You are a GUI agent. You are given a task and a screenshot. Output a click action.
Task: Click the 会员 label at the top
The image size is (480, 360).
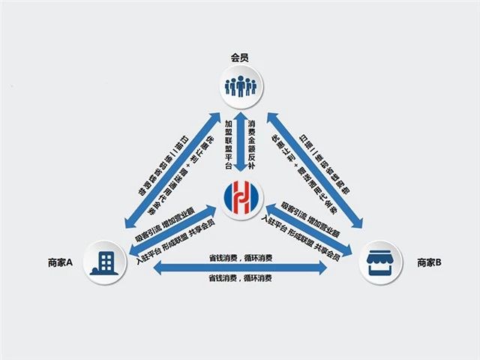click(240, 57)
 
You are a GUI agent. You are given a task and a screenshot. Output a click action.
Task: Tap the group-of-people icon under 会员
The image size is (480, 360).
click(240, 85)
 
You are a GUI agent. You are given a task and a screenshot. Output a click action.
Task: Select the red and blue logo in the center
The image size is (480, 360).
click(240, 197)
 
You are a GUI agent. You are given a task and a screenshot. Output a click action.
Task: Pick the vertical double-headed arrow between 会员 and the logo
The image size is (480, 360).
click(240, 146)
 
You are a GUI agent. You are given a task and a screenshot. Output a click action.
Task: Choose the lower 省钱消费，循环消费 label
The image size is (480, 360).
click(240, 278)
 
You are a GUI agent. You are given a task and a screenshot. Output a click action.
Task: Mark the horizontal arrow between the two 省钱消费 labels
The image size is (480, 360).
click(240, 268)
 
